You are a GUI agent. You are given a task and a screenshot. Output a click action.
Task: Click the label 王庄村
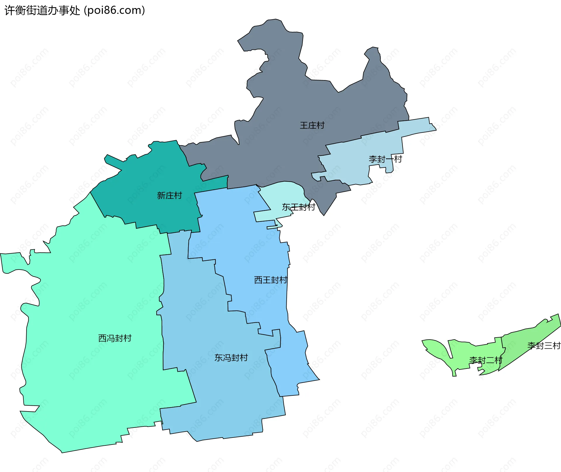(x=312, y=125)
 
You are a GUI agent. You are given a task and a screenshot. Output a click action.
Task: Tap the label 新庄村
(x=169, y=195)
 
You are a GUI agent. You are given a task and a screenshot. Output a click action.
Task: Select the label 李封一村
(x=385, y=159)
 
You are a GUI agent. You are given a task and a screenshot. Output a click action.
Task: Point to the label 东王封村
(x=298, y=207)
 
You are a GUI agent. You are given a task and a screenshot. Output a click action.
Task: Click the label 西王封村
(x=271, y=280)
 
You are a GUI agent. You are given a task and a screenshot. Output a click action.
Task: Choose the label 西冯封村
(x=115, y=338)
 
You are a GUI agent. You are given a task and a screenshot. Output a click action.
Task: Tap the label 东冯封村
(x=231, y=357)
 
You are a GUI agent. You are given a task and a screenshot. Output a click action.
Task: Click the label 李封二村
(x=485, y=360)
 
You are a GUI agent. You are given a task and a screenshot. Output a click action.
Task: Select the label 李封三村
(x=543, y=345)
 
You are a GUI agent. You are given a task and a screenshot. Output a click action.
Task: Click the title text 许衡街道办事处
(x=42, y=11)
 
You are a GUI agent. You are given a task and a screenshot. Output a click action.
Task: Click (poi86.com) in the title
(x=114, y=11)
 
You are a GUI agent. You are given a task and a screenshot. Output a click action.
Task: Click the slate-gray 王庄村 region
(x=286, y=96)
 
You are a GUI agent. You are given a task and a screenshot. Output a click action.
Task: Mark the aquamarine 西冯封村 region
(x=88, y=292)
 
